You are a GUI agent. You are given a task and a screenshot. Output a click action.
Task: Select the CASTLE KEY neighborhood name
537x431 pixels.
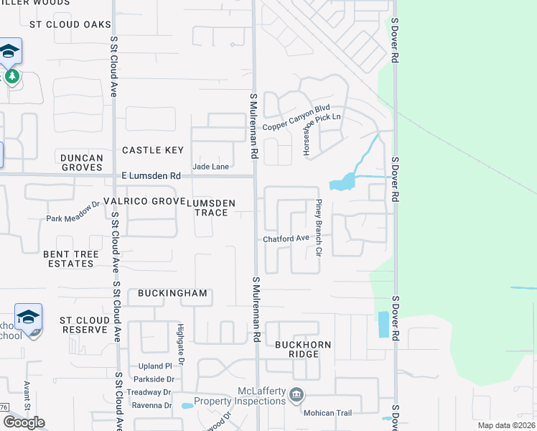[x=153, y=150]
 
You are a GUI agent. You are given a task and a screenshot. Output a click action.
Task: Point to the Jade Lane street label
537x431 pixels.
[x=210, y=167]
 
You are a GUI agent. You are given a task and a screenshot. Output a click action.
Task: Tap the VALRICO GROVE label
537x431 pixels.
[x=144, y=201]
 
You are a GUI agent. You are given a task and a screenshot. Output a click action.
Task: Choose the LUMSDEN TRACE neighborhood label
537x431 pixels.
[x=211, y=208]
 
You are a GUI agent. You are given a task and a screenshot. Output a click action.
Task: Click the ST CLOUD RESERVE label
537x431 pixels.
[x=83, y=325]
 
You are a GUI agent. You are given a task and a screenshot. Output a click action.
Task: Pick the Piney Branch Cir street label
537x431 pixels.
[x=319, y=228]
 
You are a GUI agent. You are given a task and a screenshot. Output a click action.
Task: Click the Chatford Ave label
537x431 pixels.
[x=286, y=238]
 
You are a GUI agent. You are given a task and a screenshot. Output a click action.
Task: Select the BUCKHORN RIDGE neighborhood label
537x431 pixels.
[x=304, y=349]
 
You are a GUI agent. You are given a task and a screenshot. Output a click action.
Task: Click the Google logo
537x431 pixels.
[x=24, y=422]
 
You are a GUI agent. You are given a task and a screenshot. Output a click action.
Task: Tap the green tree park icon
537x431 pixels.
[x=11, y=75]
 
